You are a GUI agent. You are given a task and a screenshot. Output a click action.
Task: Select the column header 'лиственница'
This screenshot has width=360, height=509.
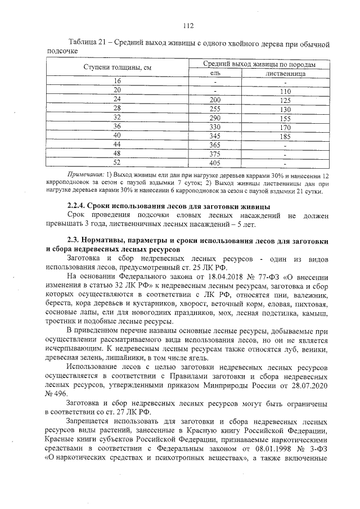[x=286, y=74]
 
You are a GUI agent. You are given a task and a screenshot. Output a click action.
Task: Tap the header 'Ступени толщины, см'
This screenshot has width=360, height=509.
[x=118, y=69]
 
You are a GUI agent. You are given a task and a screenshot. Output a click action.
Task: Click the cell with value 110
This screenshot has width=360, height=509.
[x=285, y=91]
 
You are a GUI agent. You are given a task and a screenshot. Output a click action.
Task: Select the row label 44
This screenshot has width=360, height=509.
[x=118, y=145]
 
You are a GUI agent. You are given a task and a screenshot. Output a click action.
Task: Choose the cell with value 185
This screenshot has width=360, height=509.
[x=285, y=136]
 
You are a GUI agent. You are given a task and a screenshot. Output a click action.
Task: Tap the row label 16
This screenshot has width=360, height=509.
[x=118, y=82]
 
